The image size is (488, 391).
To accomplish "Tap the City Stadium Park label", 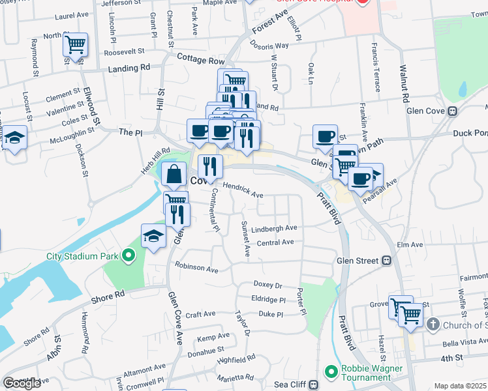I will point(83,256).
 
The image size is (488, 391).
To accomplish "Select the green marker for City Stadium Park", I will point(129,256).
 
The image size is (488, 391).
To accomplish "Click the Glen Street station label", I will point(357,261).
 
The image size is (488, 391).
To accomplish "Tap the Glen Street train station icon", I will point(387,261).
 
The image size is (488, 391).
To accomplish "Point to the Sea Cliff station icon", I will point(314,384).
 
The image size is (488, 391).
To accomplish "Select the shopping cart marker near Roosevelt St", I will point(76,45).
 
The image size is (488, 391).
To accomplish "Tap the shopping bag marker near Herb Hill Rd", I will point(174,174).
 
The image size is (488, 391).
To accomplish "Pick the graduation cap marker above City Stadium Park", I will point(153,236).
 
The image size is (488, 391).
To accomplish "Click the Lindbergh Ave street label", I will point(274,228).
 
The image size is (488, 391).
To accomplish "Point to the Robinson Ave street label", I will point(196,268).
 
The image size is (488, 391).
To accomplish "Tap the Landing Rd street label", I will point(129,68).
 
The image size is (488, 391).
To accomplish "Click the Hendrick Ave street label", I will point(243,190).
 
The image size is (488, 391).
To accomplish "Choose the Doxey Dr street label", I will point(267,285).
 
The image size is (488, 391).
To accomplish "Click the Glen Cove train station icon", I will point(451,111).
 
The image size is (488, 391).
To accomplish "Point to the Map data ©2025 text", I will point(461,386).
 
